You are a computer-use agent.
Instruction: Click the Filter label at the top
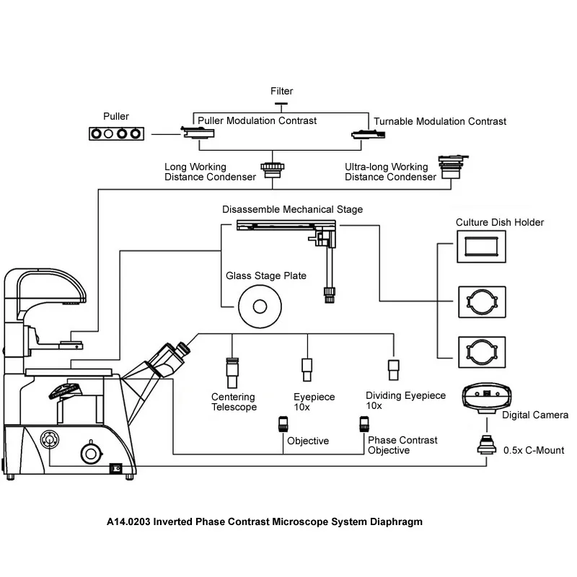click(x=281, y=92)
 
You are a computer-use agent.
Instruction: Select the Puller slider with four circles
click(x=117, y=133)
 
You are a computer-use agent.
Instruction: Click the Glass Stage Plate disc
click(x=257, y=306)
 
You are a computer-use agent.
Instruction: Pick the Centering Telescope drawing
click(x=232, y=371)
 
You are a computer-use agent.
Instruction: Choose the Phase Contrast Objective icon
click(x=363, y=425)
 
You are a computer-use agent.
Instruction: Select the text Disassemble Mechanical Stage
click(x=292, y=209)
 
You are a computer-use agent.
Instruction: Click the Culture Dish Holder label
click(x=500, y=222)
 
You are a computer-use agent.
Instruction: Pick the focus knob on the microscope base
click(x=91, y=453)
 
